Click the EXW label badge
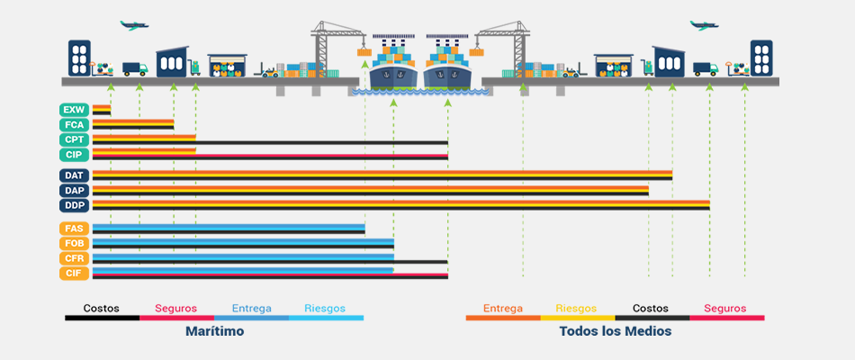(74, 110)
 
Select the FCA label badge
(74, 125)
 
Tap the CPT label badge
(74, 139)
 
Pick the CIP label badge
(74, 155)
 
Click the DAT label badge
(74, 175)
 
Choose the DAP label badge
(74, 191)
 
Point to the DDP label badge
(74, 205)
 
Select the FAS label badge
(74, 229)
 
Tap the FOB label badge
(74, 243)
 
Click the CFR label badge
(74, 258)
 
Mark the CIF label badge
(74, 274)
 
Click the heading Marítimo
(214, 331)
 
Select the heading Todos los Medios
(615, 331)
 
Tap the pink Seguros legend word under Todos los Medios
(724, 308)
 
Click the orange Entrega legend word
(502, 309)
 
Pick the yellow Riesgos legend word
(576, 309)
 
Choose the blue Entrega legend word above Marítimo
(251, 309)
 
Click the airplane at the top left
(134, 25)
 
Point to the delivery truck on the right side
(706, 68)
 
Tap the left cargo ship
(393, 65)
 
